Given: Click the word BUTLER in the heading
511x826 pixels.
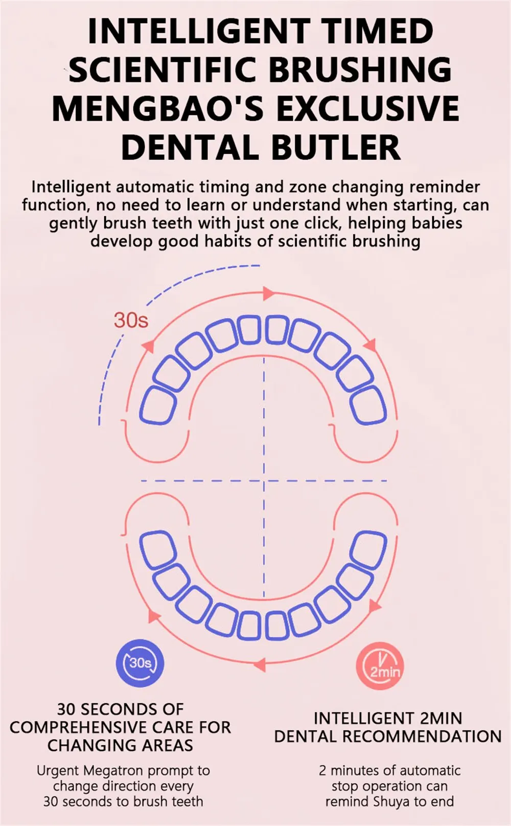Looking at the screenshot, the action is click(x=336, y=148).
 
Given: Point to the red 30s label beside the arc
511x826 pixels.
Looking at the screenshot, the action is click(x=131, y=320).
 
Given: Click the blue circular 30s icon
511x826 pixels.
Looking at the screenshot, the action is click(x=140, y=663).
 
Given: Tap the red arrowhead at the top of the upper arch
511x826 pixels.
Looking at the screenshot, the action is click(x=268, y=293).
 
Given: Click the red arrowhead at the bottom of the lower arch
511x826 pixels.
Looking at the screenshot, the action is click(x=260, y=664).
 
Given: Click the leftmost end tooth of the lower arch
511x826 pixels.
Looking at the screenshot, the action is click(x=158, y=549).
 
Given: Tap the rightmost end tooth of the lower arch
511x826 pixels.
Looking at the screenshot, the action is click(x=369, y=549).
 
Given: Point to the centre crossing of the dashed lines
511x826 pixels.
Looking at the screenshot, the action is click(x=264, y=480).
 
